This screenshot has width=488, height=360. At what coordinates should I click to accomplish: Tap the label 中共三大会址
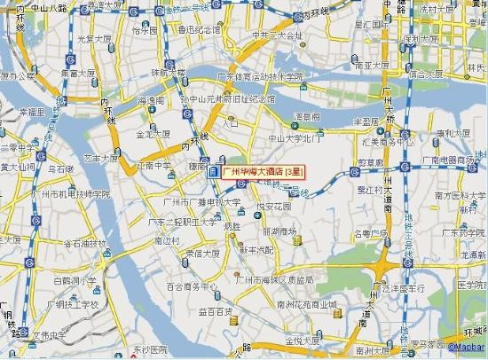pyautogui.click(x=278, y=36)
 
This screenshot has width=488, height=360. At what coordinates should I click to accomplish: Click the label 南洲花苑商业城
pyautogui.click(x=307, y=305)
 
